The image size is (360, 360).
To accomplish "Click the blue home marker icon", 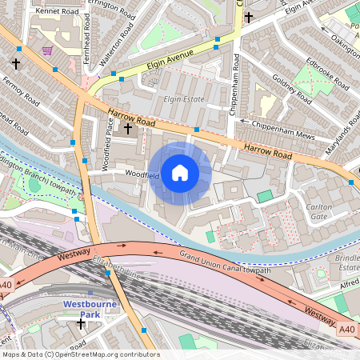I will coord(180,173).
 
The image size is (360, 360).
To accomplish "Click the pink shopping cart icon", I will coord(47,50).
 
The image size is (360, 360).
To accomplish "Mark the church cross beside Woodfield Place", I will coord(128,127).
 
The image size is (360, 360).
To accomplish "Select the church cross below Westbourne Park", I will coord(81,324).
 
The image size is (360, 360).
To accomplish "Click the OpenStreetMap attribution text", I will coord(80,354).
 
